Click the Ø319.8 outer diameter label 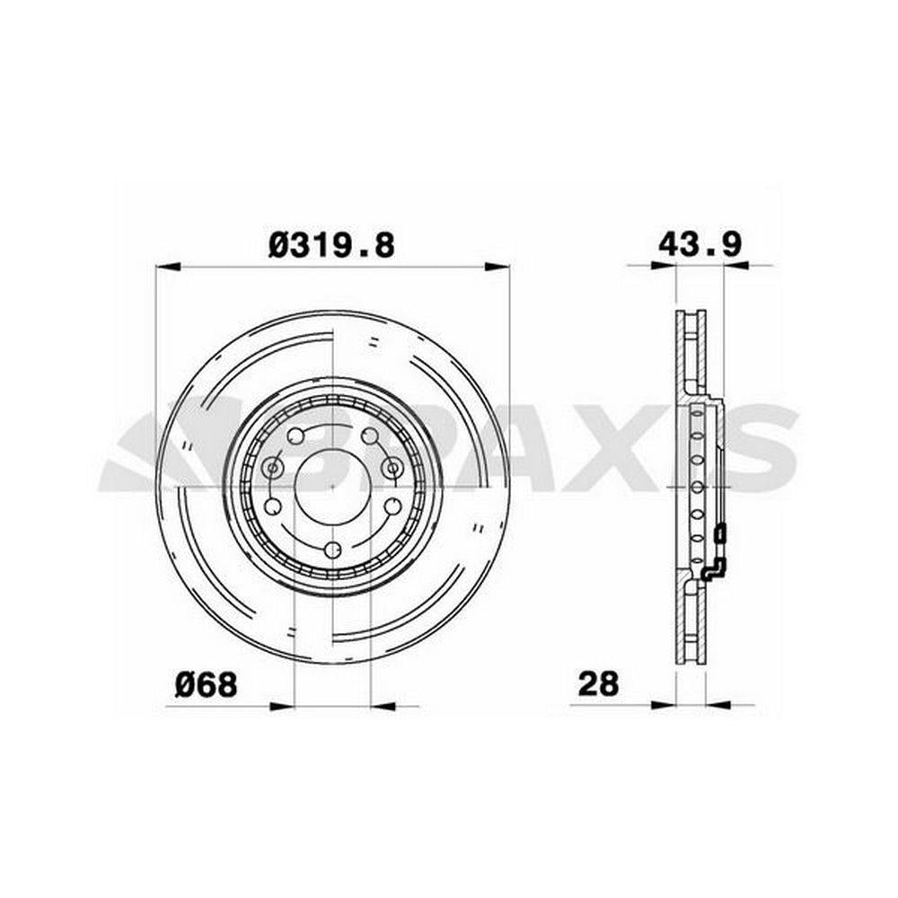pyautogui.click(x=331, y=246)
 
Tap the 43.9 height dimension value pyautogui.click(x=700, y=244)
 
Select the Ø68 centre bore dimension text pyautogui.click(x=207, y=684)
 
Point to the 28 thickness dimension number pyautogui.click(x=598, y=683)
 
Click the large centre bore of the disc pyautogui.click(x=333, y=485)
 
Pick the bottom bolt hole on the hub pyautogui.click(x=332, y=550)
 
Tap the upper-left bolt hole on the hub pyautogui.click(x=296, y=436)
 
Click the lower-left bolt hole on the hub pyautogui.click(x=273, y=506)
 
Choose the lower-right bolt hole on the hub pyautogui.click(x=392, y=506)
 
